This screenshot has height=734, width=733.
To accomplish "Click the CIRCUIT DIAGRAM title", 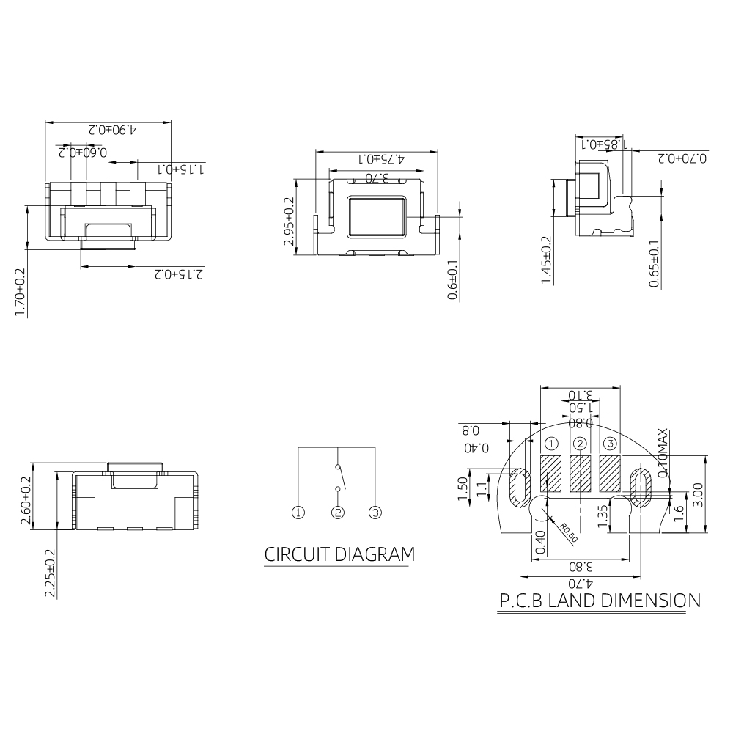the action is point(339,554).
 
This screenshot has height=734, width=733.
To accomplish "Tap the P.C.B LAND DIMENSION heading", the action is point(600,601).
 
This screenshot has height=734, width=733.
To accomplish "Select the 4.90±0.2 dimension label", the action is point(112,129).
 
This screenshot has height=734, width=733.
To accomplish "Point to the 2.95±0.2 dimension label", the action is point(289,221).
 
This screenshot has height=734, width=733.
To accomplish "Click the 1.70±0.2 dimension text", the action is point(20,292).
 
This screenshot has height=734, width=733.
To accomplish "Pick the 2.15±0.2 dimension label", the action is point(180,274).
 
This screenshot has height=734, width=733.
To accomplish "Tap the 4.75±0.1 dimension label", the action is point(381,159).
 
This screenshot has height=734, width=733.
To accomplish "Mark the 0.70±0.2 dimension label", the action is point(682,158).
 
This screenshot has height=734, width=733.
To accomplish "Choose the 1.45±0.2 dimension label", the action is point(546,260).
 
